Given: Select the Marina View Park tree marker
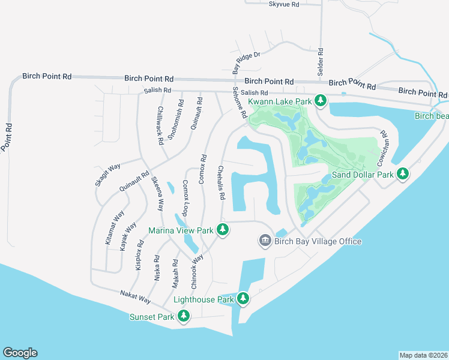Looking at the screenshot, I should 223,230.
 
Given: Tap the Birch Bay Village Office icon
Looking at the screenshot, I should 265,241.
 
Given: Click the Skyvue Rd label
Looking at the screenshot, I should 284,4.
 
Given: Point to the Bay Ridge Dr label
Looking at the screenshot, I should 247,62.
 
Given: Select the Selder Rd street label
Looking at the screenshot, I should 321,62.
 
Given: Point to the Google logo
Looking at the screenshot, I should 20,353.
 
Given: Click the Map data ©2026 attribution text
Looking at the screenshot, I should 423,355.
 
